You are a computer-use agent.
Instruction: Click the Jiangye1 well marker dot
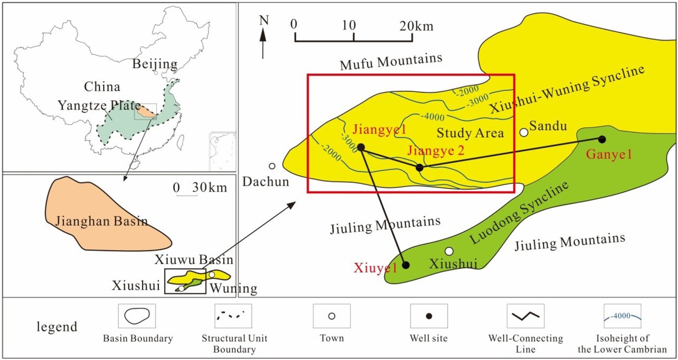click(361, 147)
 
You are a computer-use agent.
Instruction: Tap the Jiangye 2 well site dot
click(419, 168)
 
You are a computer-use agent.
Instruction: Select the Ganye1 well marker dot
click(602, 140)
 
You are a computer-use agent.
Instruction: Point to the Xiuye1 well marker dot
click(405, 265)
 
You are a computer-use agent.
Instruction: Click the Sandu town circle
click(524, 132)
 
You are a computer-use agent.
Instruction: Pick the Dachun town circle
click(272, 166)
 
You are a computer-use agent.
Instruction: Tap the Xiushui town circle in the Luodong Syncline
click(449, 251)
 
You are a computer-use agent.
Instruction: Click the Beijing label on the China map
click(154, 64)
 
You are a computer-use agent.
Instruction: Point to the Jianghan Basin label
click(101, 222)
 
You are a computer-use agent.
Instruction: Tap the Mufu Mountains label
click(391, 59)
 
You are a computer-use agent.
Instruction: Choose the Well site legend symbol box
click(429, 316)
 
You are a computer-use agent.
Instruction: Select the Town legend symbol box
click(332, 316)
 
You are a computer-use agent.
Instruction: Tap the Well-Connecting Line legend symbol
click(526, 316)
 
